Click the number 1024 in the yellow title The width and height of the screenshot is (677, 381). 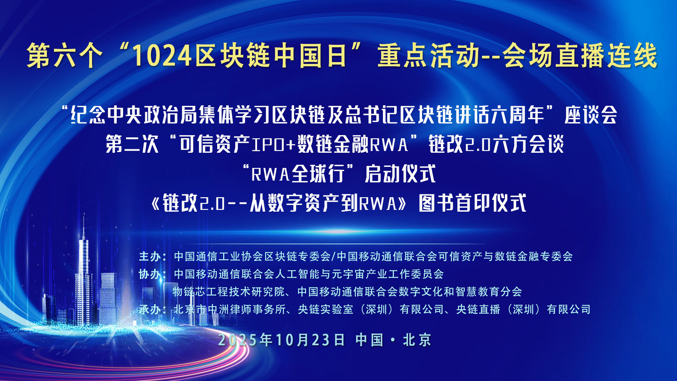(163, 56)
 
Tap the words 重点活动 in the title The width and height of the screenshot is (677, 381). (429, 56)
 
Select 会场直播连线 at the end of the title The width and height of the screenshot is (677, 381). (580, 56)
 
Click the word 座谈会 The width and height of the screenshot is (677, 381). (591, 115)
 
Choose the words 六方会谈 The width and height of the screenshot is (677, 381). (528, 144)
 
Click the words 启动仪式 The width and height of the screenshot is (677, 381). (400, 174)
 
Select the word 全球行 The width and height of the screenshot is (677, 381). (318, 174)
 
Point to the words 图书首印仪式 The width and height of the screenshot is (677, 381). (472, 203)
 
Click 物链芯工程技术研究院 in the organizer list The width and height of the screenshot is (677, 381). (228, 292)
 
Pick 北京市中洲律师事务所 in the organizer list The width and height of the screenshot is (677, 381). (230, 309)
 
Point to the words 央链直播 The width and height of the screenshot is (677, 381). (478, 309)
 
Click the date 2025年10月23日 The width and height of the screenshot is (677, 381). (281, 340)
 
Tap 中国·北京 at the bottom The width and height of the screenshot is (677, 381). (394, 340)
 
